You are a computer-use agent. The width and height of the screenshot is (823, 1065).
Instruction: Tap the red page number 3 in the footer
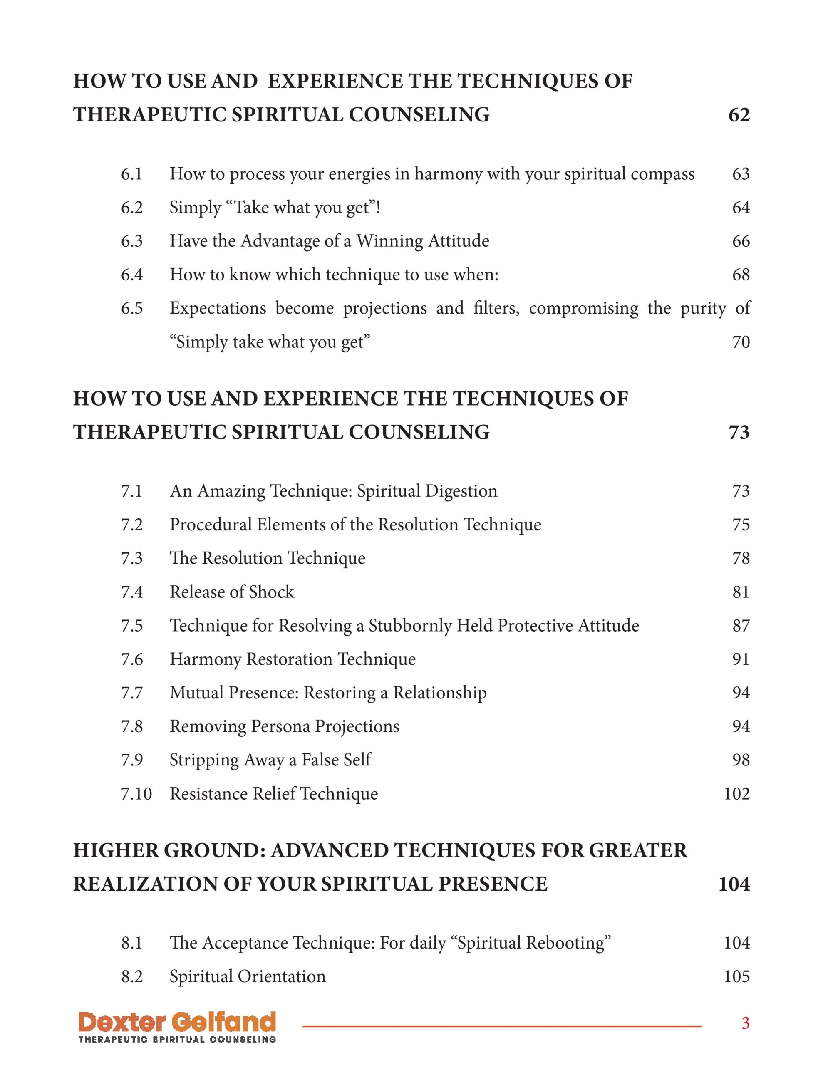tap(745, 1023)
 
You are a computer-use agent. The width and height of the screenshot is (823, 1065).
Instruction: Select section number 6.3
tap(132, 241)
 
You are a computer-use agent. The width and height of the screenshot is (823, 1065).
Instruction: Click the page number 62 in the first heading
tap(739, 115)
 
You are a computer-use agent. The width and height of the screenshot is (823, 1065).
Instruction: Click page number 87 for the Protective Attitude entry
tap(741, 626)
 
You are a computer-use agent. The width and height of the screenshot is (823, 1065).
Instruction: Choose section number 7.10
tap(136, 794)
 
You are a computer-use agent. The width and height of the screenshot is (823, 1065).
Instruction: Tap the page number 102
tap(736, 794)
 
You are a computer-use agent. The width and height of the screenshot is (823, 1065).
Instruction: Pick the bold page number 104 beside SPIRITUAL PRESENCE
tap(734, 884)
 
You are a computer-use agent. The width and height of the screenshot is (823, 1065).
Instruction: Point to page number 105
tap(736, 977)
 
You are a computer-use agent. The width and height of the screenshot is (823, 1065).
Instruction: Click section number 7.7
tap(132, 693)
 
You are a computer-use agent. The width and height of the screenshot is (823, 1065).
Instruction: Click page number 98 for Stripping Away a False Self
tap(741, 760)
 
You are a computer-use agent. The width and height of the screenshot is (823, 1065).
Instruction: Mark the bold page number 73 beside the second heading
tap(739, 433)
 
